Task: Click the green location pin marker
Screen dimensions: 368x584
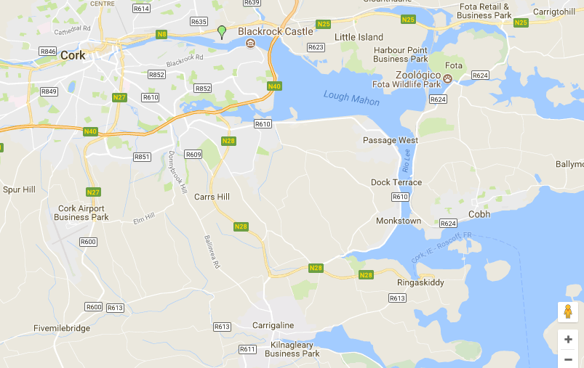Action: [x=222, y=31]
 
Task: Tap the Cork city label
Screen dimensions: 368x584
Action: [x=73, y=55]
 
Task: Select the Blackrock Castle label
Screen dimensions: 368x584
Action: [x=276, y=31]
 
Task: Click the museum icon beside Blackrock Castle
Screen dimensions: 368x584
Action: [x=251, y=44]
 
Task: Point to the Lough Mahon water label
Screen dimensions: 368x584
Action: [x=351, y=98]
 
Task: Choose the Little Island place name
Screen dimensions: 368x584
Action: [x=359, y=37]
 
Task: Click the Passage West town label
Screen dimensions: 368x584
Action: [x=391, y=140]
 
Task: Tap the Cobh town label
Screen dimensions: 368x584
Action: [x=479, y=214]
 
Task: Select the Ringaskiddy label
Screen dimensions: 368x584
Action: [x=420, y=282]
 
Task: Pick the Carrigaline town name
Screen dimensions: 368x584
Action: [x=272, y=325]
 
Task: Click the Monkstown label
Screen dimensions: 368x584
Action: [x=399, y=221]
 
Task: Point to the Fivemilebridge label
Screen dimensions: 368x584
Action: [x=62, y=328]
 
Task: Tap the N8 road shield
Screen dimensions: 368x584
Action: [x=162, y=34]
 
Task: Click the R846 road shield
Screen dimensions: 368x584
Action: [x=49, y=52]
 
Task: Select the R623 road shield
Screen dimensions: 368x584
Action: [x=316, y=47]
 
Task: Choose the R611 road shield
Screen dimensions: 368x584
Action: [x=247, y=349]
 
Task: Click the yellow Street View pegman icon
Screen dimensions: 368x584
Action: [x=568, y=311]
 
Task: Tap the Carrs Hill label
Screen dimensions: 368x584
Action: [x=212, y=197]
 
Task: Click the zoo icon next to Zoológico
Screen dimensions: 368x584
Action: [x=448, y=77]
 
